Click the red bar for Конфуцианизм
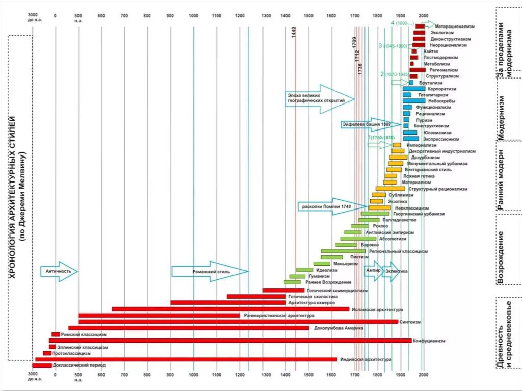click(x=229, y=340)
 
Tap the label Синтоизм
click(x=410, y=322)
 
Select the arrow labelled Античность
click(x=59, y=272)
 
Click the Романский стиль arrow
click(x=209, y=272)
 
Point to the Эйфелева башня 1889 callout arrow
click(x=367, y=124)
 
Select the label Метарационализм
click(x=454, y=26)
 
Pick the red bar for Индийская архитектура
click(x=186, y=359)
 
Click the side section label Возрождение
click(x=501, y=257)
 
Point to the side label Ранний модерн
click(x=501, y=178)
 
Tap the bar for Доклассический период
click(x=42, y=366)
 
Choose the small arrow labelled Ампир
click(x=373, y=271)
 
